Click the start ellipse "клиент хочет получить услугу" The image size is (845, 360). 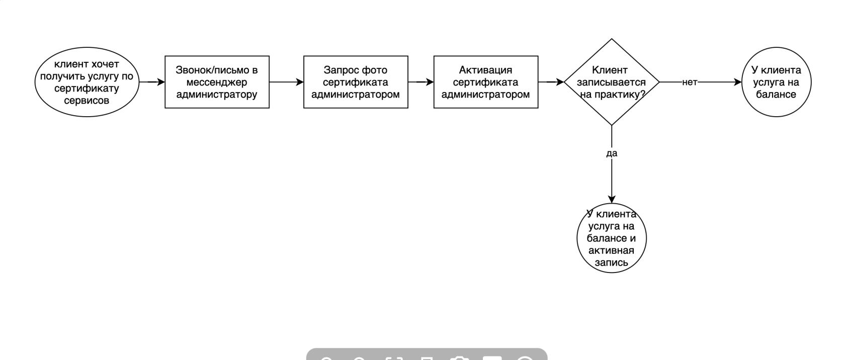[87, 82]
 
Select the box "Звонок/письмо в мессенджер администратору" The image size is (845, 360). [217, 82]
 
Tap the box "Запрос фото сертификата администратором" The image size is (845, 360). [356, 82]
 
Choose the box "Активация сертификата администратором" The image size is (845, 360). [485, 82]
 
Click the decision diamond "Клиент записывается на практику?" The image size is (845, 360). [611, 82]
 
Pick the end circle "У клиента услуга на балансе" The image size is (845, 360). [776, 82]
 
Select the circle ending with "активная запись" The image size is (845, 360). [611, 238]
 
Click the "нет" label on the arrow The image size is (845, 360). [690, 82]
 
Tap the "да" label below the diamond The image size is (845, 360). [612, 153]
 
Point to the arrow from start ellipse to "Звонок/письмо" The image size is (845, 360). [151, 82]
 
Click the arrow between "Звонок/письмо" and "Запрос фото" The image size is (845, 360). [286, 82]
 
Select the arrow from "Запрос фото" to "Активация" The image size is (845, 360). [420, 82]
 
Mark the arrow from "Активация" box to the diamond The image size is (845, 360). [551, 82]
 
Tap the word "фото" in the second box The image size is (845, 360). [374, 70]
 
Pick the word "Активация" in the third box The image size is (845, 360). [485, 70]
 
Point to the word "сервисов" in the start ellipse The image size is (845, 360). [87, 101]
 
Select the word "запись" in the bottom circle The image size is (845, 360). [611, 262]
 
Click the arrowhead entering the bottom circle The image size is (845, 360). [612, 200]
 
